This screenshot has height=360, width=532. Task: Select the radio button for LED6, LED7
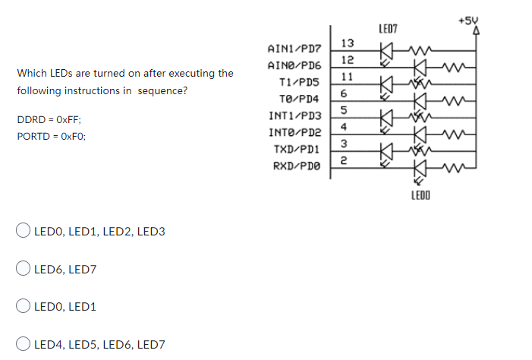coord(24,268)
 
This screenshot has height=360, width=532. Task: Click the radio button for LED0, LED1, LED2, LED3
coord(24,231)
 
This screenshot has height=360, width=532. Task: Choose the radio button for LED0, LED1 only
coord(24,306)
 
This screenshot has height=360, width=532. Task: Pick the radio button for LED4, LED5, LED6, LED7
coord(24,344)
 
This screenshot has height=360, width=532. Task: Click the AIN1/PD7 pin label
coord(294,48)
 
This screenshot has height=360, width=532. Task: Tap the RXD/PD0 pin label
coord(296,165)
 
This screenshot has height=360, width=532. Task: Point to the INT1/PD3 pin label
coord(294,115)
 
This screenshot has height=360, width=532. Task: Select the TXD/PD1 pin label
coord(296,148)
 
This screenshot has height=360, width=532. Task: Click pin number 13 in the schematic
coord(348,43)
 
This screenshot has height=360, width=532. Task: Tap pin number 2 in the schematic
coord(344,160)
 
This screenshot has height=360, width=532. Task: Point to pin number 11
coord(346,77)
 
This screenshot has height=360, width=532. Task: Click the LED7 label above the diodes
coord(388,29)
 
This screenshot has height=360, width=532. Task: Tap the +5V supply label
coord(468,21)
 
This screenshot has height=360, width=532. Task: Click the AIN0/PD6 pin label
coord(294,65)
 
